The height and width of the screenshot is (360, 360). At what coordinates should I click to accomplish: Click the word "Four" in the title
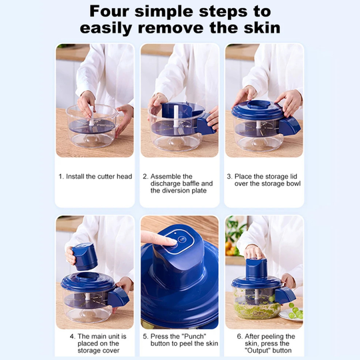pos(109,11)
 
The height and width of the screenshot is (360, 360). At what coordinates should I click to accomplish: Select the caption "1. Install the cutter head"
pos(95,176)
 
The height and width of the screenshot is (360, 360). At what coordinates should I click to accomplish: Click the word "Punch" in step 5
pos(194,337)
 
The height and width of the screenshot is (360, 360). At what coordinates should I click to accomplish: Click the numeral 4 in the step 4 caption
pos(72,337)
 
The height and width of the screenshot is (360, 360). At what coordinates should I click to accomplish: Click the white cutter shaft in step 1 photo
pos(91,116)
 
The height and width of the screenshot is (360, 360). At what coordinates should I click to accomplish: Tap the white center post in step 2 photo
pos(176,119)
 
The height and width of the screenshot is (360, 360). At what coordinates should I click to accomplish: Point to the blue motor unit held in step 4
pos(85,256)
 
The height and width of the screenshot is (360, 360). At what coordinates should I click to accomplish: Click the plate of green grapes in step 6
pos(291,313)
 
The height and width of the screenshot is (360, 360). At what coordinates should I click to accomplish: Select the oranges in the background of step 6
pos(231,249)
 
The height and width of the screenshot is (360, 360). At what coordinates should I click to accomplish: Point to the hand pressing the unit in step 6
pos(253,252)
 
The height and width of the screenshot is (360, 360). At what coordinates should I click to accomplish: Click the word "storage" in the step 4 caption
pos(88,351)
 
